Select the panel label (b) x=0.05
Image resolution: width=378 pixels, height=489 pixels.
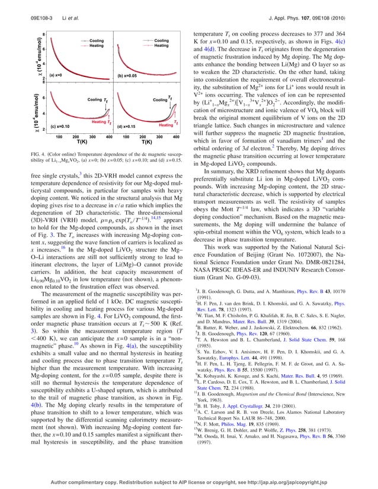click(130, 76)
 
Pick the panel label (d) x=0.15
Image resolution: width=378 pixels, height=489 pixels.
click(129, 127)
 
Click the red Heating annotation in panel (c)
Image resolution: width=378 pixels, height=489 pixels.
click(99, 121)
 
